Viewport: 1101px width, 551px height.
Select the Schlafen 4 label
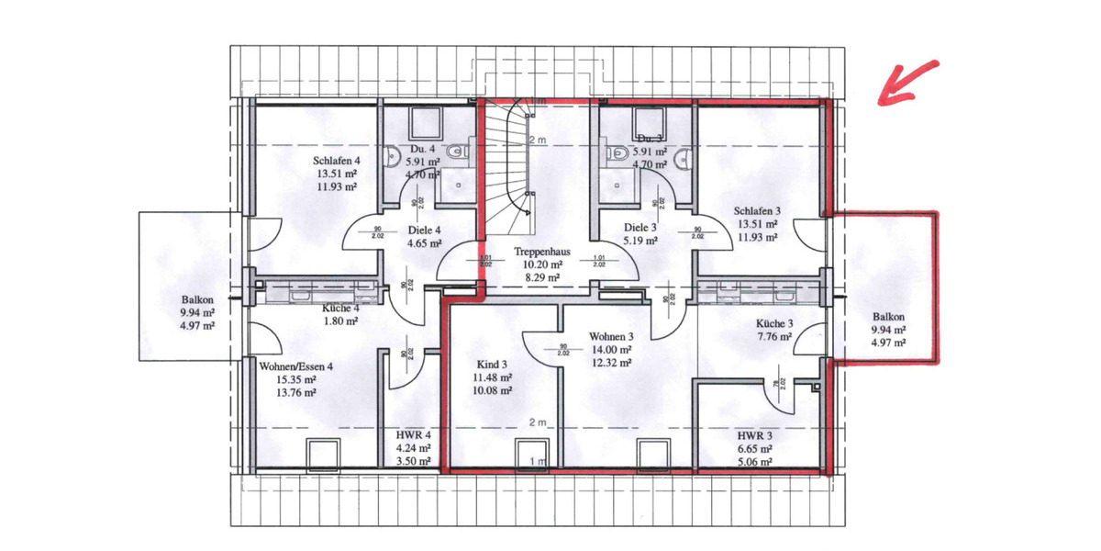tap(337, 160)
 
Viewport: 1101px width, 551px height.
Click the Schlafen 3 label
tap(757, 209)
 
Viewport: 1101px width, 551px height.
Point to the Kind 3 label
tap(492, 364)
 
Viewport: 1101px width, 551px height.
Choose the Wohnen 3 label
tap(612, 337)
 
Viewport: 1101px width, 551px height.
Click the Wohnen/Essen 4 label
tap(296, 365)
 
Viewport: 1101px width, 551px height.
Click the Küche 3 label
tap(774, 323)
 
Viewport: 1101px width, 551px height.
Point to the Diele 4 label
tap(424, 231)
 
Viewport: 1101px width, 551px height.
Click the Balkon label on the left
tap(197, 299)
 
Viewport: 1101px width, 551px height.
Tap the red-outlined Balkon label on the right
tap(887, 317)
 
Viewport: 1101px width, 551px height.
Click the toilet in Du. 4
tap(392, 153)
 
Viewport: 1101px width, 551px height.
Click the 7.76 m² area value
tap(774, 336)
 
